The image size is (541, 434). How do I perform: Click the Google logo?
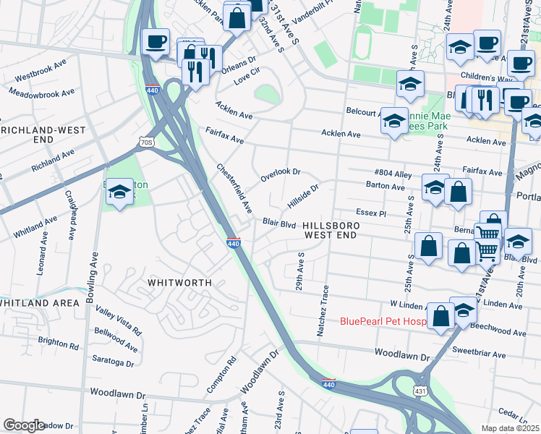pos(24,425)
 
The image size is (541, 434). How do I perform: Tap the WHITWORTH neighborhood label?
pos(179,282)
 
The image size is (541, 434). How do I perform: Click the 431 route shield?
pos(419,390)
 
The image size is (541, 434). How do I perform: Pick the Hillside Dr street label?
pos(303,194)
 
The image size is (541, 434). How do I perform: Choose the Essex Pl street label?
pos(372,213)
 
